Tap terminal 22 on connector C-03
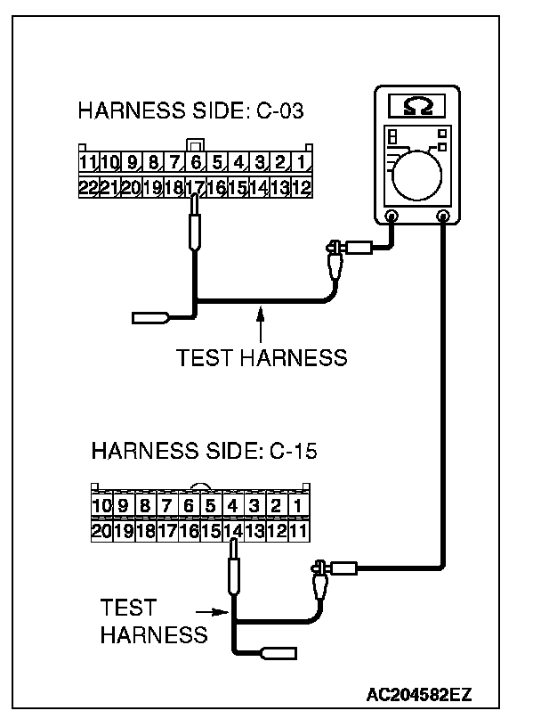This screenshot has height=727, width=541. (87, 187)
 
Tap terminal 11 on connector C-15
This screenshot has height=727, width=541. (299, 531)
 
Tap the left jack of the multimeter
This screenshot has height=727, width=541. (392, 215)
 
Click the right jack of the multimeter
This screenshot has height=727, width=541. (443, 215)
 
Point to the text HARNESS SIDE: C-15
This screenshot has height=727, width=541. (204, 451)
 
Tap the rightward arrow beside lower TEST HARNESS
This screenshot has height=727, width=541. (214, 612)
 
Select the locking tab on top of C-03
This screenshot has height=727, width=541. (195, 143)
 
